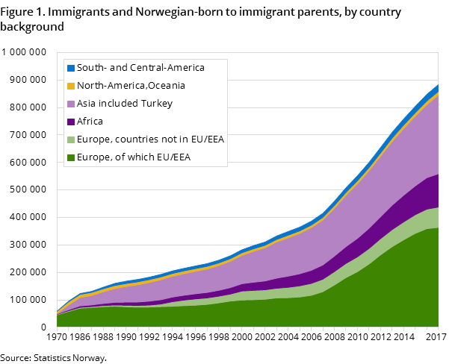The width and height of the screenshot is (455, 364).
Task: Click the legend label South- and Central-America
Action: tap(140, 68)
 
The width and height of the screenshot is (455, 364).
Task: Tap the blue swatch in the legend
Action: tap(71, 68)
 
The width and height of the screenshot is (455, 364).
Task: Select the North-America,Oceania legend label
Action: tap(131, 86)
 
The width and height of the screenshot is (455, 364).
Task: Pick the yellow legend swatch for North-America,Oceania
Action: tap(71, 86)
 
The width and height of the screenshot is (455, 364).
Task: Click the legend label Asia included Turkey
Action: tap(125, 104)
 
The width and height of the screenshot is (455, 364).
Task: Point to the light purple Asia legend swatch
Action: tap(71, 104)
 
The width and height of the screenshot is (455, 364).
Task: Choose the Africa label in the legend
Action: tap(90, 122)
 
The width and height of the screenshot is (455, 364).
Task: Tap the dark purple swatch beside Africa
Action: tap(71, 122)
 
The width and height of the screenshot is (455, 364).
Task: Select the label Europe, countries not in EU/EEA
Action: tap(150, 139)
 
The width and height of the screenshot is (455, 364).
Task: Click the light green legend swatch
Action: tap(71, 139)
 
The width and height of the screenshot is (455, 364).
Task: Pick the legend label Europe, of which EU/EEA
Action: tap(134, 157)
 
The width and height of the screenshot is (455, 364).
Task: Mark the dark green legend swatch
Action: tap(71, 157)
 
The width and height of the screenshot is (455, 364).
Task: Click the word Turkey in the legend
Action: tap(157, 104)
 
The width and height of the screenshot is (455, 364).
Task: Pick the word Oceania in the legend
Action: tap(166, 86)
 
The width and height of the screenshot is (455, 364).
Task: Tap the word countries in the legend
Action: tap(138, 139)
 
